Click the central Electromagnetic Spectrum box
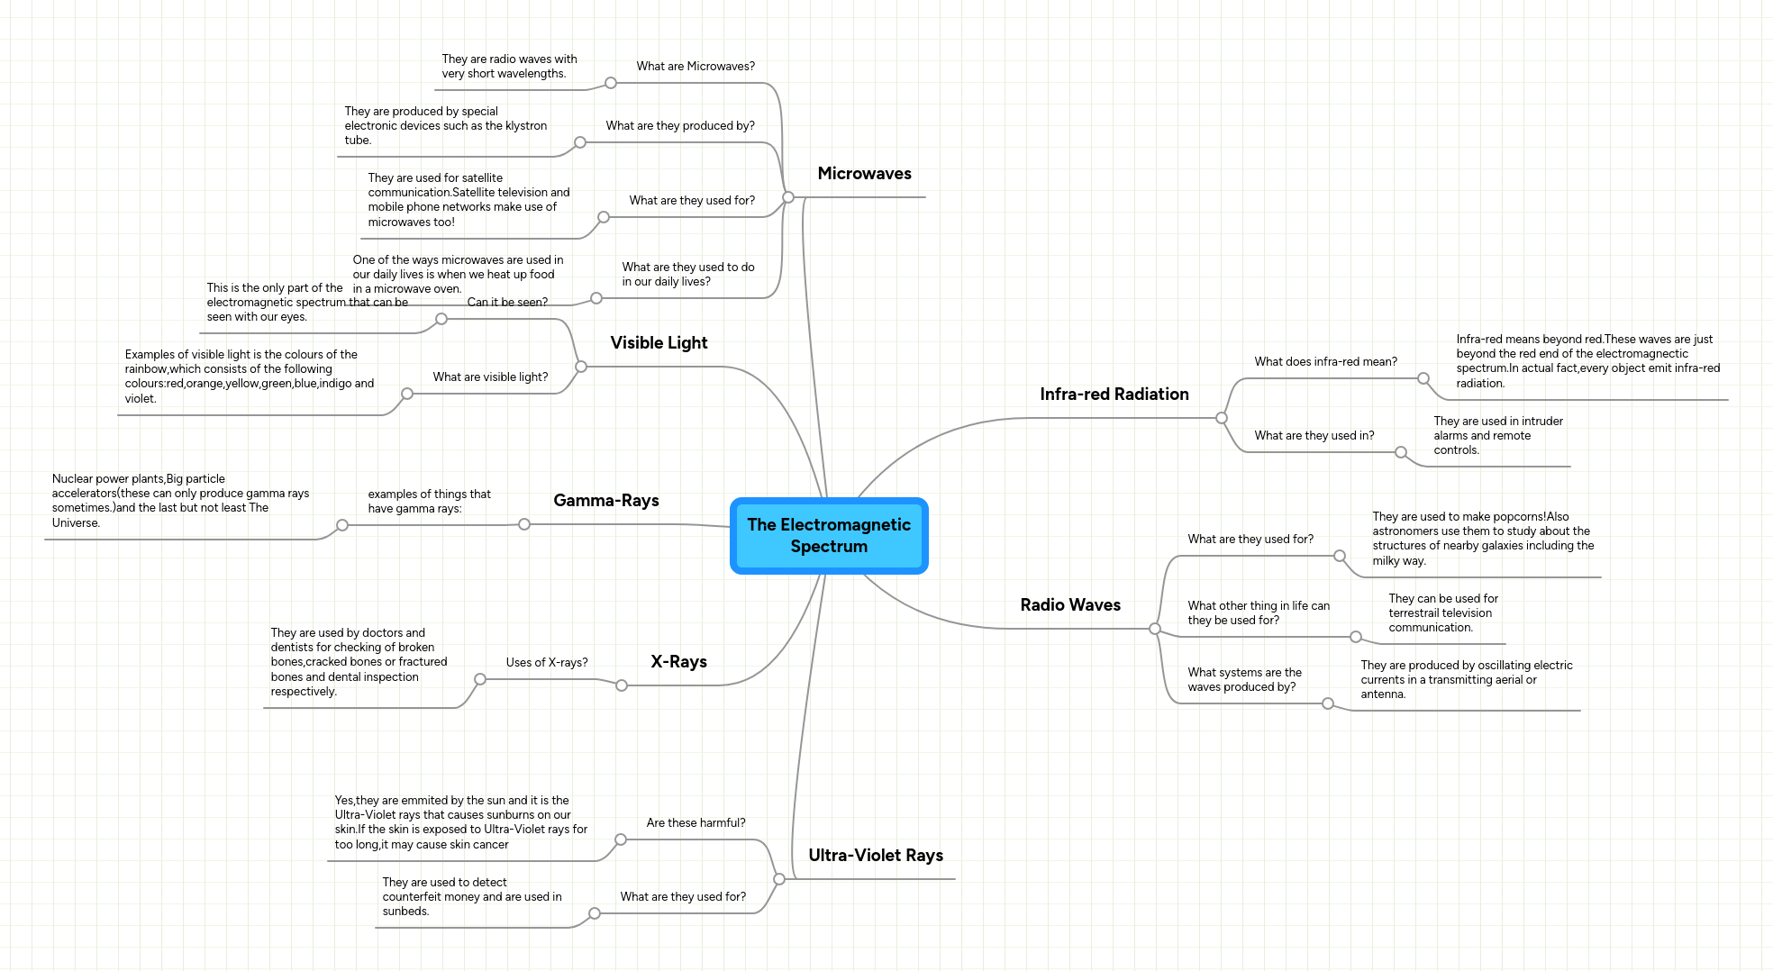(x=829, y=536)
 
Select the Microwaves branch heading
(x=864, y=174)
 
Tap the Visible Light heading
(x=659, y=343)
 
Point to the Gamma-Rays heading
(x=605, y=501)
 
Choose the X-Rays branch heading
(x=678, y=662)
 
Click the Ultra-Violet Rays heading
(x=875, y=856)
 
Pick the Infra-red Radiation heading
(x=1114, y=395)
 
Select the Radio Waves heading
(x=1069, y=605)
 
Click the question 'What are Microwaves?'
(x=696, y=67)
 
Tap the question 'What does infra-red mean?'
(x=1325, y=362)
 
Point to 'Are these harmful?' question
(x=696, y=823)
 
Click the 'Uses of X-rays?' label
(x=546, y=663)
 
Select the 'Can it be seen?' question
(x=507, y=303)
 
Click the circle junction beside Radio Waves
(x=1155, y=629)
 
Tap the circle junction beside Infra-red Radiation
(x=1222, y=418)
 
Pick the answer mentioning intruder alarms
(x=1497, y=436)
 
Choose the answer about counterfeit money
(x=471, y=897)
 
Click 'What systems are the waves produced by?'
(x=1244, y=680)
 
